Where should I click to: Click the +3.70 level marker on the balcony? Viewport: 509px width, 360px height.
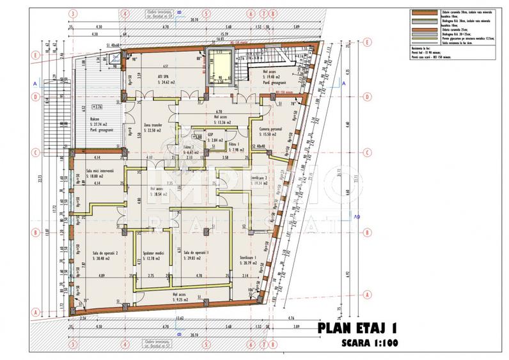click(98, 106)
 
